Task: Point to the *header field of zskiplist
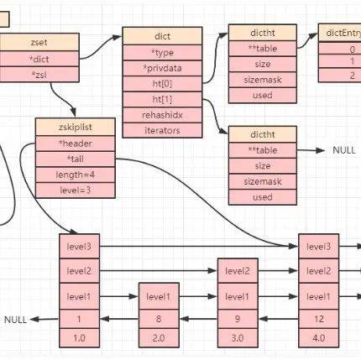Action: point(75,142)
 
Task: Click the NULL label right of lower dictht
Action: point(343,150)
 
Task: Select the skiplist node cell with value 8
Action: point(160,320)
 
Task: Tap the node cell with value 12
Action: point(318,320)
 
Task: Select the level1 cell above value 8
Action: point(160,297)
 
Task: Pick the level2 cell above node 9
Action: point(238,271)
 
